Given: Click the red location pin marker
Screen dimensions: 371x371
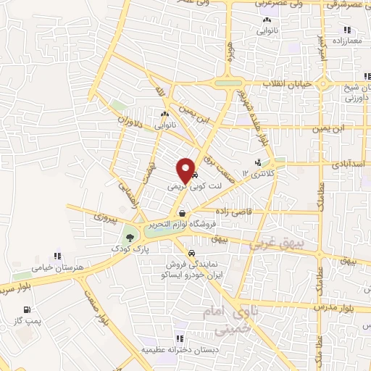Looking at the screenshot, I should pyautogui.click(x=187, y=170).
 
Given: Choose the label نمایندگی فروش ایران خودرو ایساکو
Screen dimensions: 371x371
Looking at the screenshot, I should pyautogui.click(x=191, y=270).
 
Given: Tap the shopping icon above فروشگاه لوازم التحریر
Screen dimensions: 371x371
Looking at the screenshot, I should pyautogui.click(x=182, y=214).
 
